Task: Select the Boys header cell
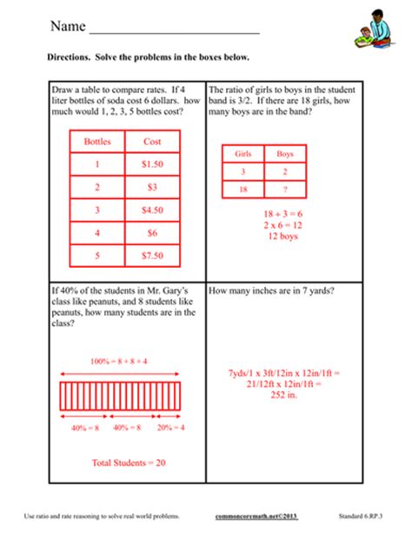(285, 153)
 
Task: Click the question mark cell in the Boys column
(285, 189)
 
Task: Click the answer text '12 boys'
(264, 236)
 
